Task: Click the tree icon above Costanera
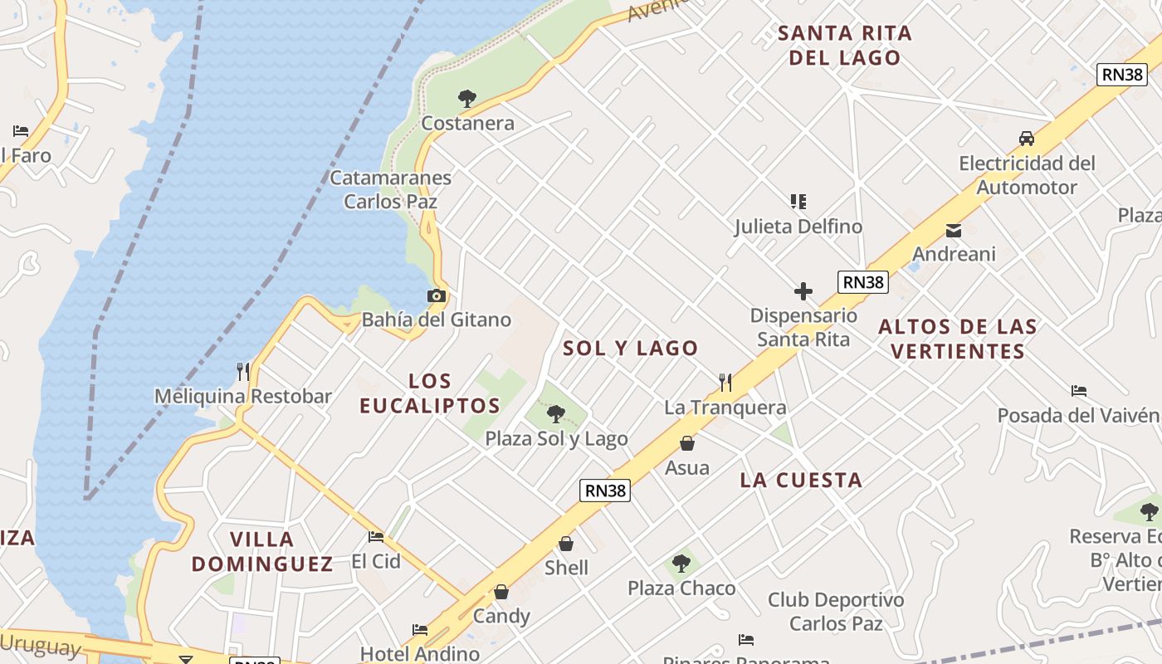tap(467, 99)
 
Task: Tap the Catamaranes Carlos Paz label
tap(391, 189)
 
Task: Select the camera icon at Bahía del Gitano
tap(436, 295)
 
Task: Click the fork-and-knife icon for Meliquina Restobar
tap(242, 371)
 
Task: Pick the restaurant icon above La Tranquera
tap(725, 382)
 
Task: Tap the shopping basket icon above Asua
tap(687, 443)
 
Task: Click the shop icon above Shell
tap(566, 544)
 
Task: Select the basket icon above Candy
tap(501, 592)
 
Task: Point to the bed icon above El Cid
tap(376, 537)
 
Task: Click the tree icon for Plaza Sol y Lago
tap(556, 413)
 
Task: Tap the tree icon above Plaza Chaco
tap(681, 564)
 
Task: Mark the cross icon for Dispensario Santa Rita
tap(803, 291)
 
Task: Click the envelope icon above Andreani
tap(954, 230)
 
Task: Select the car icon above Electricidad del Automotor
tap(1027, 139)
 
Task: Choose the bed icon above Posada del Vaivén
tap(1079, 390)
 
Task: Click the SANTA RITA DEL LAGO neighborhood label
tap(845, 46)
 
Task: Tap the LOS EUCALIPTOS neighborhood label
tap(431, 393)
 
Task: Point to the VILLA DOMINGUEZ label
tap(262, 552)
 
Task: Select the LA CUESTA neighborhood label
tap(801, 480)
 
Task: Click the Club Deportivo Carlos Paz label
tap(836, 611)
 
